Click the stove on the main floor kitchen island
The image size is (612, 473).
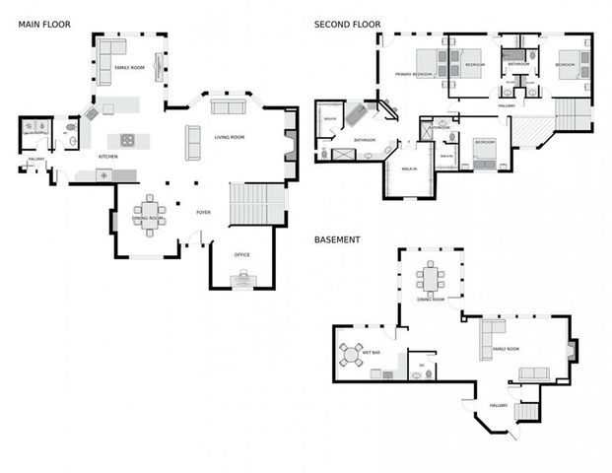pos(127,139)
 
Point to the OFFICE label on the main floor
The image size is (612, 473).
pos(241,255)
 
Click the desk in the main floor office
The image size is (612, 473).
pos(241,280)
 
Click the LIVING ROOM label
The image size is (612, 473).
pos(229,137)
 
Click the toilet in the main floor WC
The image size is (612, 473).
pos(71,127)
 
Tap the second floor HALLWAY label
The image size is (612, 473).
pos(507,105)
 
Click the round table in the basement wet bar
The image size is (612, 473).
pos(351,354)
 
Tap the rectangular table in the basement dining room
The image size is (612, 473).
pos(431,279)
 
